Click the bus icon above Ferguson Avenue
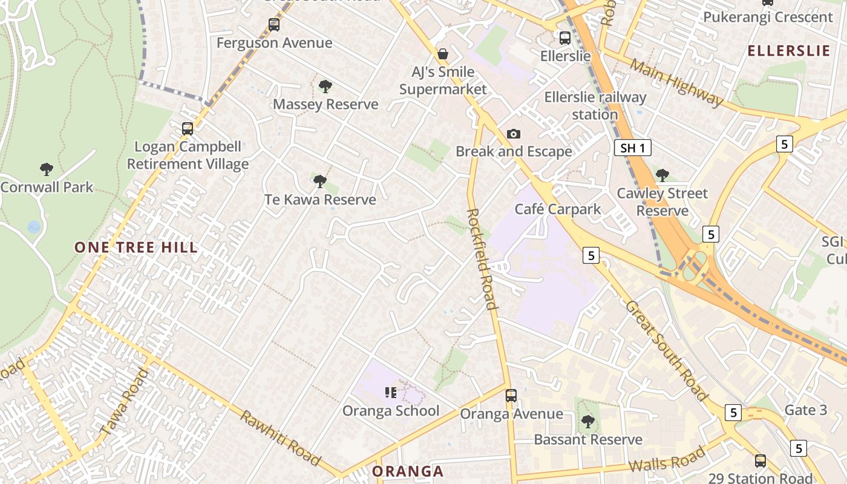coord(274,25)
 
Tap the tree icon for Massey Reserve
coord(325,87)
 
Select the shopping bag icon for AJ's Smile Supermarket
coord(443,54)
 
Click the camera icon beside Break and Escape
coord(514,134)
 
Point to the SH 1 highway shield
coord(633,148)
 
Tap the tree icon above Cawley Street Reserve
coord(662,175)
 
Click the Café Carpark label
coord(558,209)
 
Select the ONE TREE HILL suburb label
coord(136,247)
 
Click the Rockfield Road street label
coord(483,259)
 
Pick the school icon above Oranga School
coord(391,393)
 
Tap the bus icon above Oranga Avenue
coord(511,396)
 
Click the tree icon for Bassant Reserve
coord(587,421)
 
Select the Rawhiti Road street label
coord(280,438)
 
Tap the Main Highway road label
coord(676,82)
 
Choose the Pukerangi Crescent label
coord(768,17)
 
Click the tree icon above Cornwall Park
coord(47,169)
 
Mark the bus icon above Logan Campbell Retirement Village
coord(188,129)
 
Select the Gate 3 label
coord(805,410)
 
